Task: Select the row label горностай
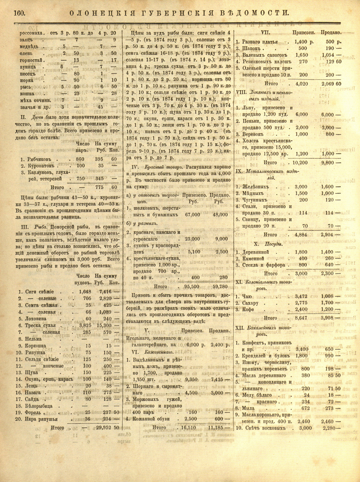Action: [x=32, y=60]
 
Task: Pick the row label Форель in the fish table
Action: [x=34, y=412]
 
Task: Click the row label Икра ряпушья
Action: [x=41, y=419]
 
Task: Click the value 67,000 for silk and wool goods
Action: [x=192, y=215]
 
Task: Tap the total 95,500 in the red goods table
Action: [x=192, y=287]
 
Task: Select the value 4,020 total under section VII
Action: [x=301, y=84]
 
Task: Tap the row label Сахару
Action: [x=250, y=303]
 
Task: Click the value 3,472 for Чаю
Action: [x=301, y=296]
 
